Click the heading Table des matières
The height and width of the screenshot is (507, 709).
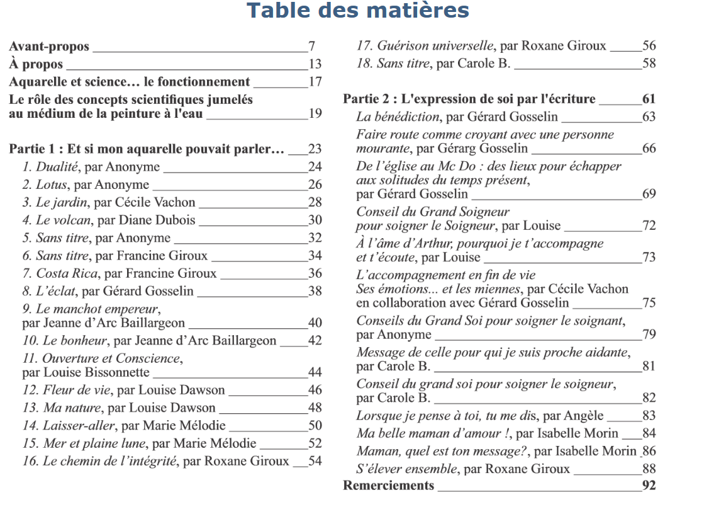tap(357, 11)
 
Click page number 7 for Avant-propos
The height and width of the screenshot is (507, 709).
tap(311, 46)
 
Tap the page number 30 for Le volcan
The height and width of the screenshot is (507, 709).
tap(315, 220)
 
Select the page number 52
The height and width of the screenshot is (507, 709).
tap(315, 443)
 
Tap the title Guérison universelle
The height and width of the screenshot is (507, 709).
tap(435, 45)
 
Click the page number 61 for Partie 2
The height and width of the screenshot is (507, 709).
tap(649, 99)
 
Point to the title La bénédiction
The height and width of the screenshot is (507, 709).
tap(398, 117)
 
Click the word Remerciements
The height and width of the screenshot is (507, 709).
tap(388, 485)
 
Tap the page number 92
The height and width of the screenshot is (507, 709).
tap(649, 485)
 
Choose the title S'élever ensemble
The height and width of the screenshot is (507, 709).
tap(405, 468)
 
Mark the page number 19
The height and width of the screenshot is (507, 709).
tap(315, 113)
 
